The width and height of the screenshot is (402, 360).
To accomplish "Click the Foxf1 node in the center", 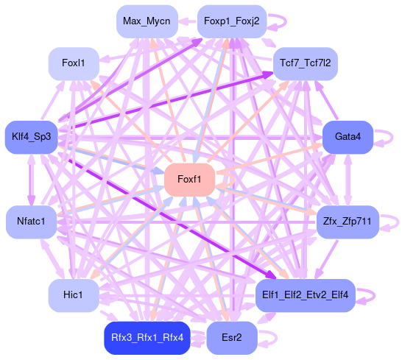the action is [x=189, y=180].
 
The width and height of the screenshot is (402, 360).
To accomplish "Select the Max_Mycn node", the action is [x=147, y=21].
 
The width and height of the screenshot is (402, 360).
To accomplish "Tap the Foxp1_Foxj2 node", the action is [x=232, y=21].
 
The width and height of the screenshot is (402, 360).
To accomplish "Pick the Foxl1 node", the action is [x=74, y=63].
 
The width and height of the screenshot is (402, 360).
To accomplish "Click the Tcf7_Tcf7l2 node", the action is [x=306, y=63].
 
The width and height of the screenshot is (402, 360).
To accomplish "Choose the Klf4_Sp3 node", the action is [x=32, y=137].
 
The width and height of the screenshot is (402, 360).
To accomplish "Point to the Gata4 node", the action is [x=348, y=137].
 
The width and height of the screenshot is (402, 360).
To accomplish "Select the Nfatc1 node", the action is [x=31, y=222].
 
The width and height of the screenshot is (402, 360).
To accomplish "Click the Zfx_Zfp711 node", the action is [x=348, y=222].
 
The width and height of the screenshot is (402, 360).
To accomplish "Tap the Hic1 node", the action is [x=74, y=295].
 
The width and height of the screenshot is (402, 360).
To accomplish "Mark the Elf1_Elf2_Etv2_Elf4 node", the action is [x=306, y=295].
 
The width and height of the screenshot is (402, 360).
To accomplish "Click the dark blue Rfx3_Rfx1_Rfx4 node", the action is [x=147, y=338].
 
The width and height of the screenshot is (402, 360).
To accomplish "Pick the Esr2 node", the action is [x=232, y=338].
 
